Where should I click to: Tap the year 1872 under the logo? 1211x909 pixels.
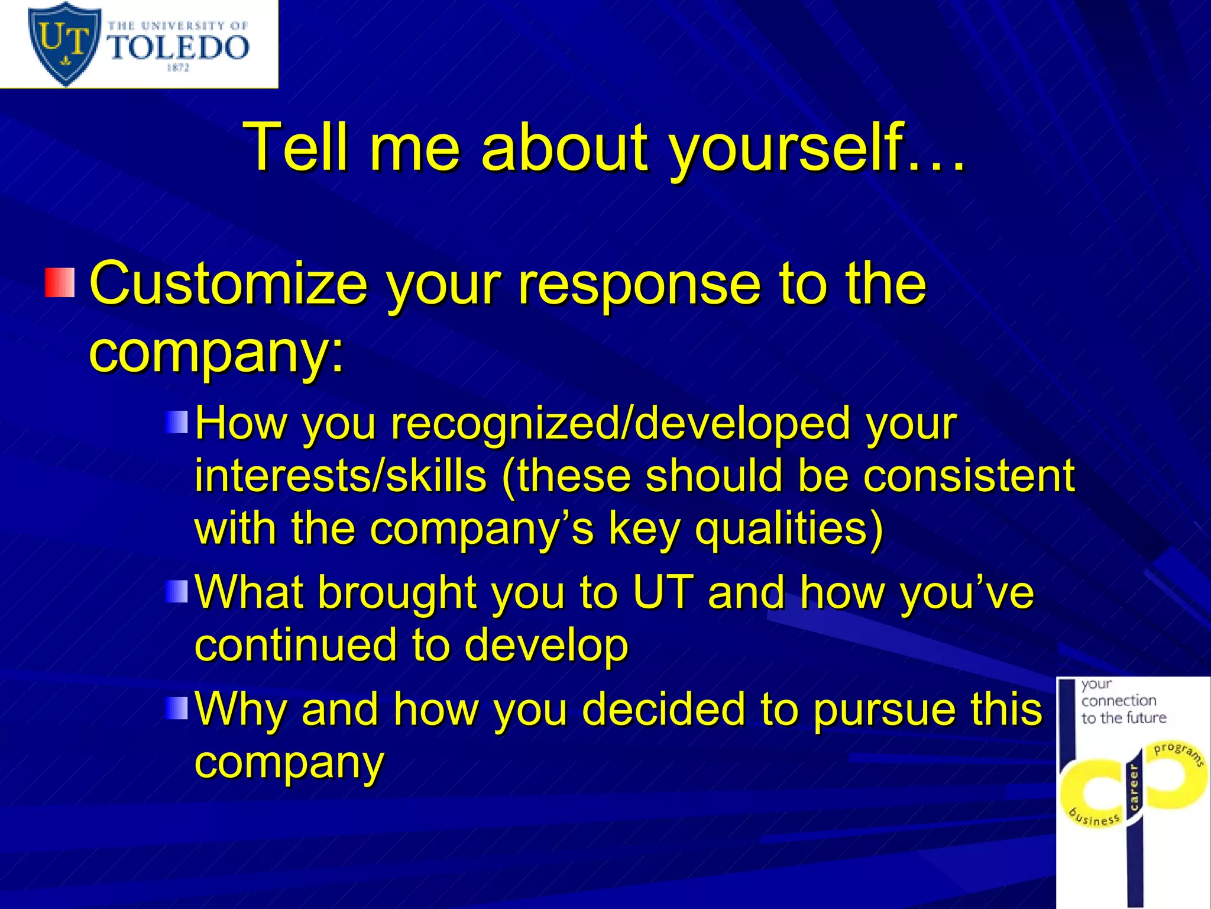tap(177, 68)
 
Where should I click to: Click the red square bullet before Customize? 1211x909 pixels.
tap(60, 283)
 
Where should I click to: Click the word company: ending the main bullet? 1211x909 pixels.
tap(216, 353)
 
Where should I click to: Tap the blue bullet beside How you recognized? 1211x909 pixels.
tap(177, 423)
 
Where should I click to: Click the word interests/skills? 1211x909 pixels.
tap(341, 476)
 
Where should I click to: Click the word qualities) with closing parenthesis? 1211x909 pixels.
tap(789, 528)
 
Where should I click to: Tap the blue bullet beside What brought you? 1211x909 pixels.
tap(177, 591)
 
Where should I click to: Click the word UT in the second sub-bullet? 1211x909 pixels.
tap(662, 592)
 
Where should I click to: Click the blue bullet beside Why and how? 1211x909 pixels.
tap(177, 708)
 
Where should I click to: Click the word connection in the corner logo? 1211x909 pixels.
tap(1119, 701)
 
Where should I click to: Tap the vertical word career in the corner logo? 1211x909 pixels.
tap(1134, 787)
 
